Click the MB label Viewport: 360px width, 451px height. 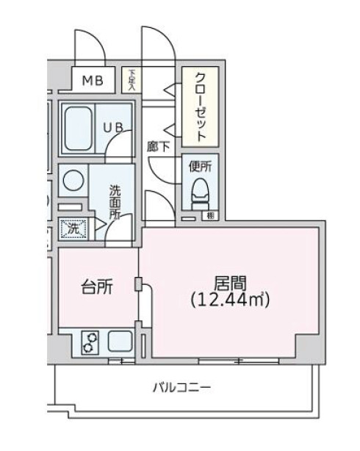click(x=92, y=80)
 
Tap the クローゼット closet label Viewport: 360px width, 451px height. click(x=201, y=107)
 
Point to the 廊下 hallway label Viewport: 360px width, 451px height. click(x=158, y=146)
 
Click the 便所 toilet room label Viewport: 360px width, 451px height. click(x=200, y=167)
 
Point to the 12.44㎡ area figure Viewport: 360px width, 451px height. click(x=230, y=300)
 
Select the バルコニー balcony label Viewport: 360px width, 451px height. click(x=182, y=387)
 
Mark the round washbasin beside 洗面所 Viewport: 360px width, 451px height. click(x=73, y=179)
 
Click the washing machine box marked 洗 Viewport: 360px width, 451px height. click(x=73, y=229)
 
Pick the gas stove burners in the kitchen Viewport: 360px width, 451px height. click(x=90, y=342)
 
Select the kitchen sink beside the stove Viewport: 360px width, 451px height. click(x=119, y=342)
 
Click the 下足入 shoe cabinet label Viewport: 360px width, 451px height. click(x=132, y=79)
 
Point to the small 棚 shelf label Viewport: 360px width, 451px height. click(x=210, y=216)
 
